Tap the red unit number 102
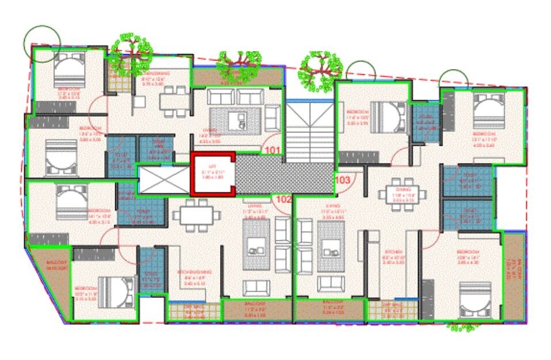coord(283,200)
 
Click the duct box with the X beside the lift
coord(164,180)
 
